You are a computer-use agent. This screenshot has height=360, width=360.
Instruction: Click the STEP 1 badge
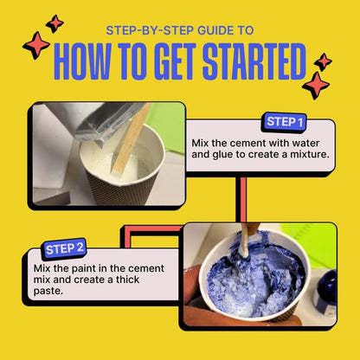(x=284, y=122)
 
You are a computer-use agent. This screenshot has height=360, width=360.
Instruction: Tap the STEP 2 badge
(x=65, y=249)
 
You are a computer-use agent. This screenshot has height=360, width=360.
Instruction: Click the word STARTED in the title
(x=254, y=61)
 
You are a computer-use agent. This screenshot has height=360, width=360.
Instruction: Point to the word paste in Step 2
(x=48, y=291)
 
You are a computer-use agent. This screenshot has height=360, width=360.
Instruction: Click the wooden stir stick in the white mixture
(x=131, y=138)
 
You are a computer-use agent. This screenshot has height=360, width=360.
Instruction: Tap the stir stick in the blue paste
(x=245, y=241)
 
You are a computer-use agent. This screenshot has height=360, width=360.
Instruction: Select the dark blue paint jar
(x=326, y=292)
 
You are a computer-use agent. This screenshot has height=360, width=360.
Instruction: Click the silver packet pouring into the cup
(x=109, y=122)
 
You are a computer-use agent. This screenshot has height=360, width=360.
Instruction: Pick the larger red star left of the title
(x=36, y=45)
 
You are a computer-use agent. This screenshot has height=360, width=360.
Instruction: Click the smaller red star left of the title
(x=55, y=23)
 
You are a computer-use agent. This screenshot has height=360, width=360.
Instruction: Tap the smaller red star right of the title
(x=323, y=62)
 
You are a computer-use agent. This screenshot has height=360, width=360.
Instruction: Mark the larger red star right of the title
(x=316, y=86)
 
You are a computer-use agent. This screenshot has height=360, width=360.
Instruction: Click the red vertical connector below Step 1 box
(x=243, y=199)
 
